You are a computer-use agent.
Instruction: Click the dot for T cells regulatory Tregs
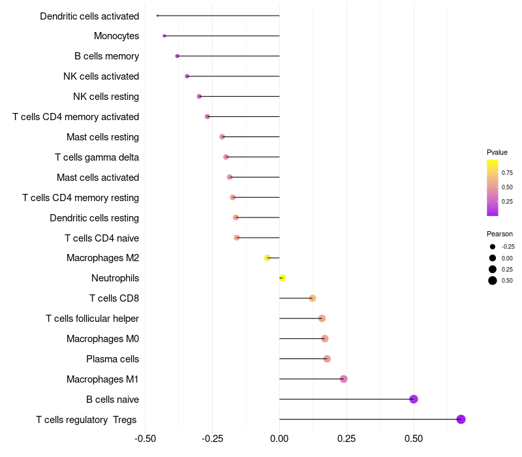point(461,419)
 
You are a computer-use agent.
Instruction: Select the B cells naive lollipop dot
point(413,399)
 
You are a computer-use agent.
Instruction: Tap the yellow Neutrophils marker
point(282,278)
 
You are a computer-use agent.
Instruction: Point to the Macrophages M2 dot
point(267,258)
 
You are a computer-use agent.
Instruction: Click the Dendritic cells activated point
point(158,16)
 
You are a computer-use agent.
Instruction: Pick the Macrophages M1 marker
point(344,379)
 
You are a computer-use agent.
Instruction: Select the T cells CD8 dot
point(313,298)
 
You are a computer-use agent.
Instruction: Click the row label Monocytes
point(116,36)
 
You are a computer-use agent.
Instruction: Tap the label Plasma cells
point(112,359)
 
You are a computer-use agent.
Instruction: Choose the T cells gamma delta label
point(97,157)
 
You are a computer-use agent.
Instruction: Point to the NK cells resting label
point(106,97)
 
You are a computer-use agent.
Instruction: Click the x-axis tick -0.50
point(145,438)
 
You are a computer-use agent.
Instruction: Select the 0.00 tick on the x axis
point(279,438)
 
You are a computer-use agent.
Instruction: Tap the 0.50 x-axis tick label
point(414,438)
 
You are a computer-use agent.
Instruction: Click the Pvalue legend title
point(497,152)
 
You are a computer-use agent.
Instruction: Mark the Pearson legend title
point(500,234)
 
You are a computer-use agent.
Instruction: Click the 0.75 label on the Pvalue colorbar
point(507,173)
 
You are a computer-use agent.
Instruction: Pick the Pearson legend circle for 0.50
point(492,281)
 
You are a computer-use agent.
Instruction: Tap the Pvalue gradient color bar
point(493,187)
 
